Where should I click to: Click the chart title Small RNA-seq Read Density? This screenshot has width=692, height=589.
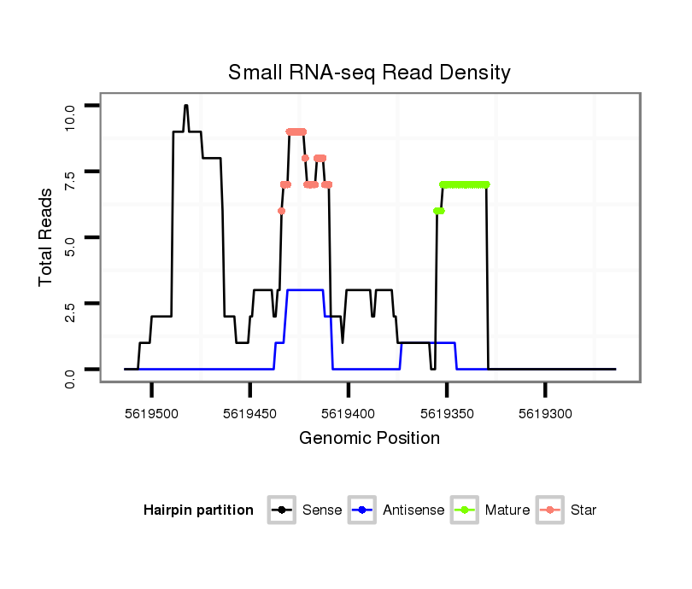tap(369, 73)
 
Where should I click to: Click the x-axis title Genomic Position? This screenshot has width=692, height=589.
tap(369, 439)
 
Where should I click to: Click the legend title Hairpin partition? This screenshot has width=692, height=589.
tap(198, 510)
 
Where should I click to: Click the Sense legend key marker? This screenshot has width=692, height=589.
tap(282, 510)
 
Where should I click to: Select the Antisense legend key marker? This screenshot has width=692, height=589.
tap(362, 510)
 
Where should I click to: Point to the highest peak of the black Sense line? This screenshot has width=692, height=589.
tap(185, 106)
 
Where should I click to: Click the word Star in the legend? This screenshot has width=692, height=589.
tap(584, 510)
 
